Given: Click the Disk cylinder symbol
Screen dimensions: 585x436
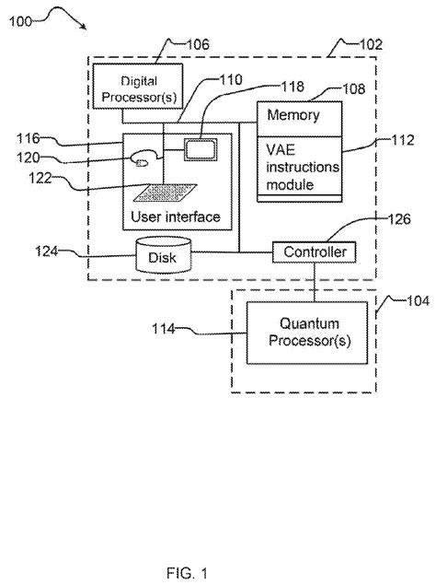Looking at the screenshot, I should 162,256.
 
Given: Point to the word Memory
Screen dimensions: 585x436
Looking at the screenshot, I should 293,116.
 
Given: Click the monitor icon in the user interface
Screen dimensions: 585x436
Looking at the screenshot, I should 199,148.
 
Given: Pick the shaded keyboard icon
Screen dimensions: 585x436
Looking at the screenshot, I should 164,192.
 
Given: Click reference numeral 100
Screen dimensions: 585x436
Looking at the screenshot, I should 25,22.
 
